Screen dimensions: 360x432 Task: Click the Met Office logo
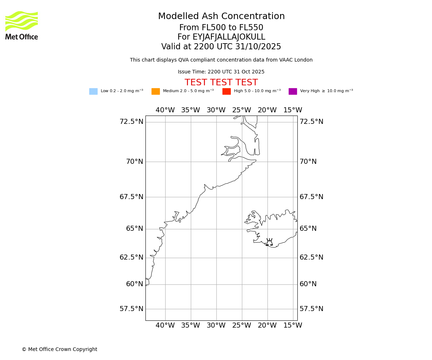click(22, 25)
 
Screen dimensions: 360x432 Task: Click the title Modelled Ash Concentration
click(221, 17)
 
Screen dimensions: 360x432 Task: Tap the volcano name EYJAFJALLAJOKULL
click(221, 37)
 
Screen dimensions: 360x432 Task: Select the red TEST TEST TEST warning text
click(221, 82)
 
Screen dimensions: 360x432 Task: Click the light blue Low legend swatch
click(93, 91)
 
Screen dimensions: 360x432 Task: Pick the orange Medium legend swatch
click(156, 91)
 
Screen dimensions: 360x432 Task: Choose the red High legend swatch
click(226, 91)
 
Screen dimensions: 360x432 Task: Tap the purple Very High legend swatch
click(293, 91)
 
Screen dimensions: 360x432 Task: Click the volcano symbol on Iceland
click(269, 242)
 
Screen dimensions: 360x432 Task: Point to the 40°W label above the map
click(165, 110)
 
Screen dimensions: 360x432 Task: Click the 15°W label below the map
click(293, 325)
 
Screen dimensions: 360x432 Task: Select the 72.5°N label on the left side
click(131, 122)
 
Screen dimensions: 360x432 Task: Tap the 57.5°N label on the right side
click(311, 309)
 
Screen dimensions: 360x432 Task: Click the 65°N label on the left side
click(134, 229)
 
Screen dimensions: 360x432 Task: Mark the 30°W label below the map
click(216, 325)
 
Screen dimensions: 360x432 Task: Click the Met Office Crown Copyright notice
click(59, 350)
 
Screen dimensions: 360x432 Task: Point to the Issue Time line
click(221, 72)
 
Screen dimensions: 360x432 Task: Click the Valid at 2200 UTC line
click(221, 47)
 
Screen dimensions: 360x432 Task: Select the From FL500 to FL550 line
click(221, 28)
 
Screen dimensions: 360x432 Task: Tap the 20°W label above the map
click(267, 110)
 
